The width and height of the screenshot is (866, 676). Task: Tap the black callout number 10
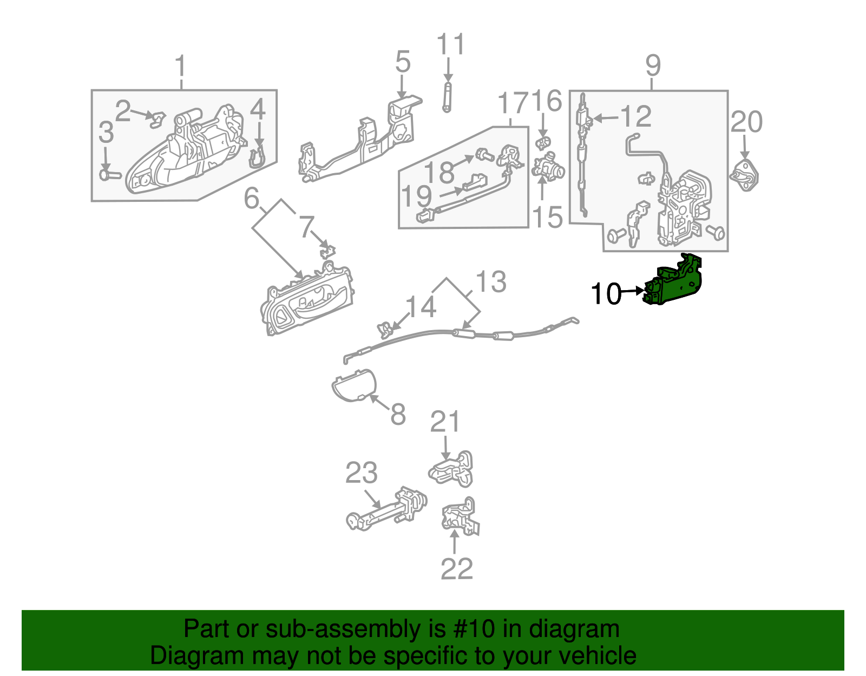606,294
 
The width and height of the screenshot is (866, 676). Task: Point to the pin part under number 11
447,97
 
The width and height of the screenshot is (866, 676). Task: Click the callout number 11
450,44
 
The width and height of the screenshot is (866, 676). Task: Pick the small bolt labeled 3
110,175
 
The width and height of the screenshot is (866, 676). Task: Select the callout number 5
403,62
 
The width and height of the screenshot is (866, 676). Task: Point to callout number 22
456,569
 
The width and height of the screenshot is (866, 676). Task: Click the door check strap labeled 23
385,509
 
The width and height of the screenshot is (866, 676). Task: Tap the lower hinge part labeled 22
461,517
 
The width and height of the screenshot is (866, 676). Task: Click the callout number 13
490,281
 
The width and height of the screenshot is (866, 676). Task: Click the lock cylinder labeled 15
548,167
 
